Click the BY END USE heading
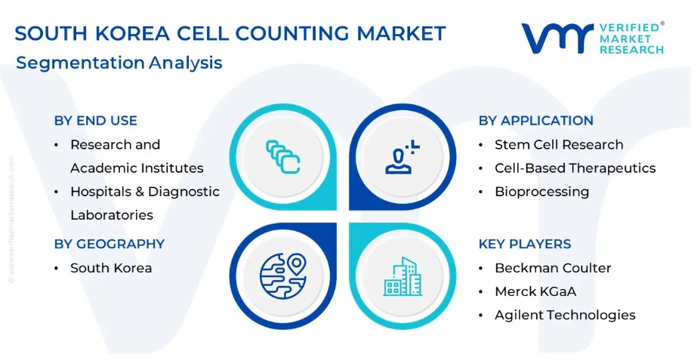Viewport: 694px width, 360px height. [x=96, y=120]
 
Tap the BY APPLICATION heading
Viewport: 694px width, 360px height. [x=536, y=120]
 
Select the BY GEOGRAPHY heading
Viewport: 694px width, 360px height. [x=109, y=244]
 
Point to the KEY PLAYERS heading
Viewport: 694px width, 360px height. [x=525, y=244]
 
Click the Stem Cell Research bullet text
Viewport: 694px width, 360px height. [x=559, y=145]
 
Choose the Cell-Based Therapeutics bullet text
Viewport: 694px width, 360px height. [x=575, y=168]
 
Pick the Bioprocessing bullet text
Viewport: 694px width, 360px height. [x=542, y=192]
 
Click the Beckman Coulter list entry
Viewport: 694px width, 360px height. [x=554, y=268]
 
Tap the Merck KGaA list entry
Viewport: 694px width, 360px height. [x=535, y=291]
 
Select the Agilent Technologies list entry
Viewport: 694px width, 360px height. [x=565, y=315]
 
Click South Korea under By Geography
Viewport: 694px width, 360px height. [x=111, y=268]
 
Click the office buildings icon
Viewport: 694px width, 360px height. [x=403, y=276]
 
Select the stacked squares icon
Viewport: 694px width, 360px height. [x=283, y=156]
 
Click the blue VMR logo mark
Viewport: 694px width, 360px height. [x=557, y=38]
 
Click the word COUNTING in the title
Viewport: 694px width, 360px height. [x=292, y=34]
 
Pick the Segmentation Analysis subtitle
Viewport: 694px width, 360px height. [x=119, y=63]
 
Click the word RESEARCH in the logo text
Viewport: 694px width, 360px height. [x=631, y=50]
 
